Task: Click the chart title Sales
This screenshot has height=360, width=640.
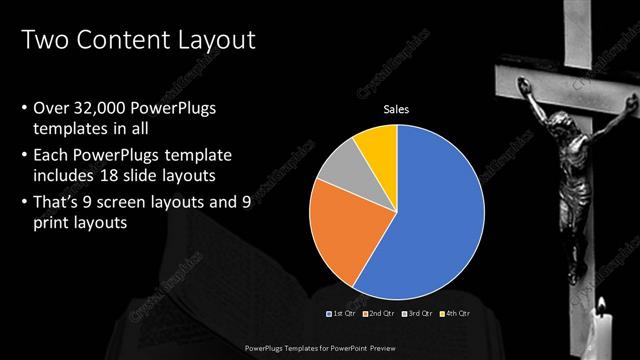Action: click(398, 109)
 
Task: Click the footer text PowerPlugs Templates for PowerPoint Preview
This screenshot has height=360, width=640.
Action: click(319, 349)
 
